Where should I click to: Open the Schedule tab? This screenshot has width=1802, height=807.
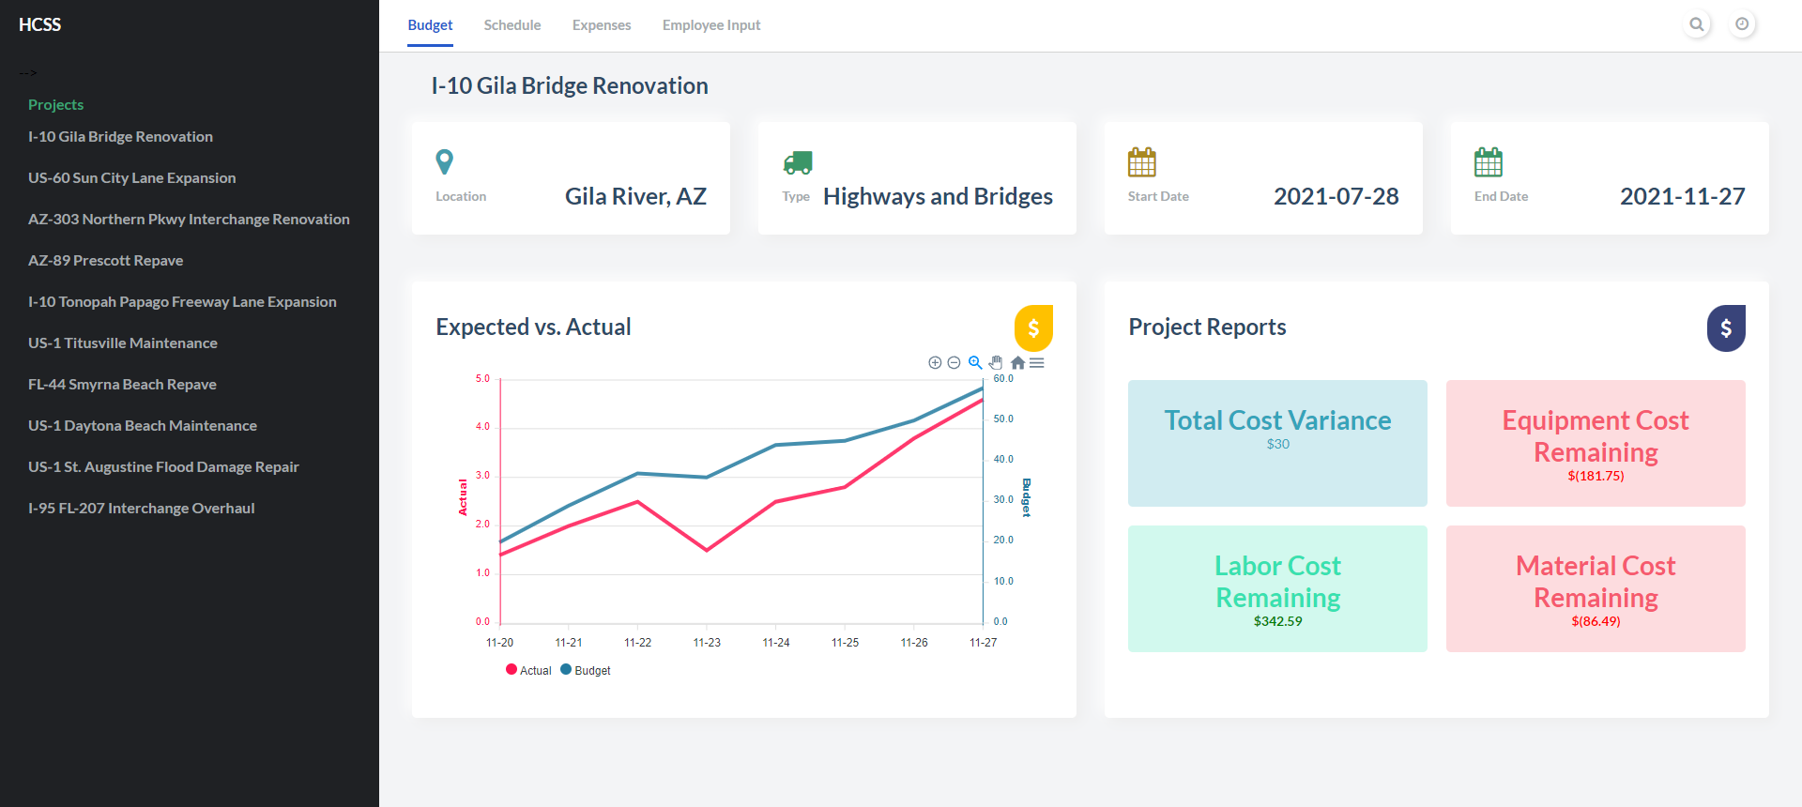tap(512, 25)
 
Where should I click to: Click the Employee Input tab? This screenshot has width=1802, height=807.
tap(710, 25)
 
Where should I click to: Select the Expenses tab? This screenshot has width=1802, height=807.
tap(601, 25)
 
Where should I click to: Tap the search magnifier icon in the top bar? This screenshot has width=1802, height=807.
tap(1696, 24)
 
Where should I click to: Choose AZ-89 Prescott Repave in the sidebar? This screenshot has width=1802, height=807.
tap(105, 261)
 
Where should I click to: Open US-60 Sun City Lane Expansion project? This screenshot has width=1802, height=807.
tap(131, 178)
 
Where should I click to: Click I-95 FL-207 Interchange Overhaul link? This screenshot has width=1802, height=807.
tap(141, 509)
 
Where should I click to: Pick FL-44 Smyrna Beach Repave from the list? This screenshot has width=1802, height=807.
tap(122, 385)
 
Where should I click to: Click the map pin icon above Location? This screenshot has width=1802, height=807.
tap(445, 161)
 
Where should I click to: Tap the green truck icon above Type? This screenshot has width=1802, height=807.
tap(797, 162)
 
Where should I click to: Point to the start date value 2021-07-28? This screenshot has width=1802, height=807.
tap(1336, 196)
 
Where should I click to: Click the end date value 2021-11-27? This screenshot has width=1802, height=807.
tap(1682, 196)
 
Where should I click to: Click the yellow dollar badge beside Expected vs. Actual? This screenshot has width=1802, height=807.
tap(1033, 327)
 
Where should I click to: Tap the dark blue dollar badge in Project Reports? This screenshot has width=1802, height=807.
tap(1725, 327)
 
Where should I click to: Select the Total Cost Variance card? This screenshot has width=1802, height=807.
tap(1277, 443)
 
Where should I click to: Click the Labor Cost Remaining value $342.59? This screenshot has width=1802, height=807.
tap(1277, 621)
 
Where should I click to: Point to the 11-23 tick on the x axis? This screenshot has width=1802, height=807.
tap(707, 643)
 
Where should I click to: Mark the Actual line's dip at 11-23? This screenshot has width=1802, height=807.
tap(707, 550)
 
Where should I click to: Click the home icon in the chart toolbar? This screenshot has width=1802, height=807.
tap(1017, 363)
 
